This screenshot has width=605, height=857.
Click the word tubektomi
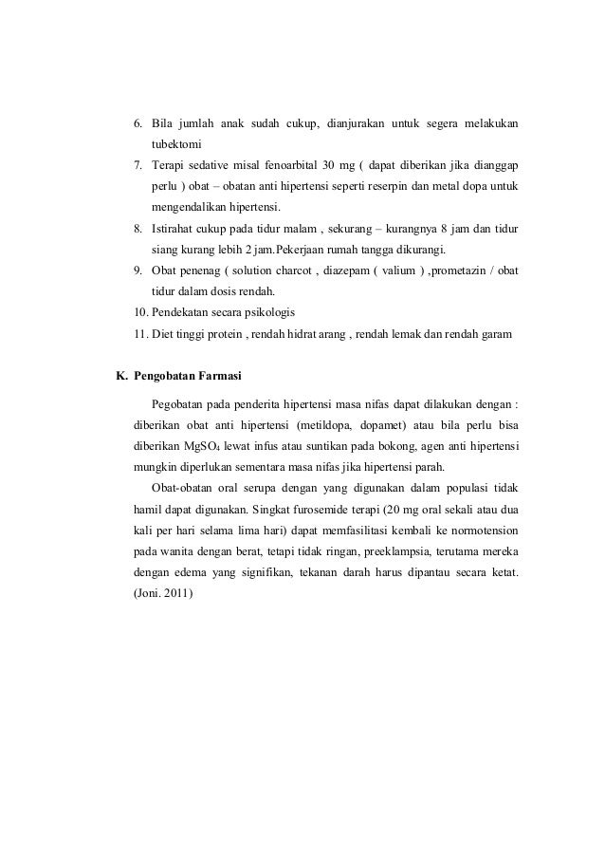(x=175, y=146)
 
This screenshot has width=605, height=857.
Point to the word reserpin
(x=390, y=187)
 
